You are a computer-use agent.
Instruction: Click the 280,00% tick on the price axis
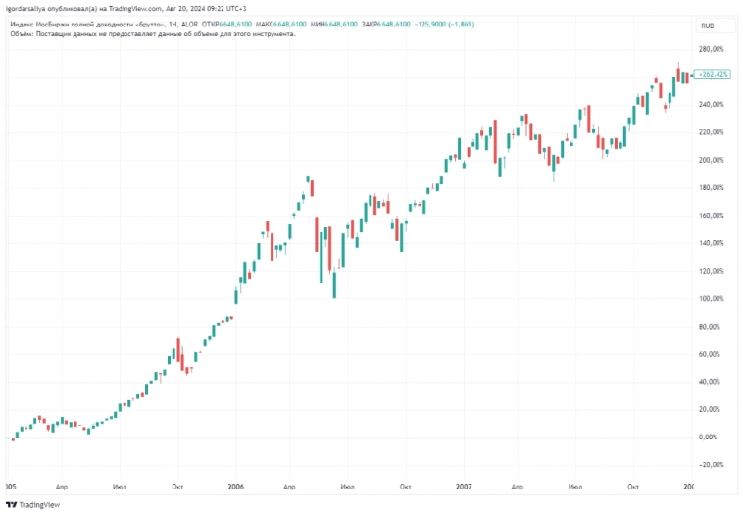711,49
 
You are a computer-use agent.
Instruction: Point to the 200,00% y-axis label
711,160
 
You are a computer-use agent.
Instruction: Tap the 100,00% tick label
711,298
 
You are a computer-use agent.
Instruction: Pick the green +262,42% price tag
713,74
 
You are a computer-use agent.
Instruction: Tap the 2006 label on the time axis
235,486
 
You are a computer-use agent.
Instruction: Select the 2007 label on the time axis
465,486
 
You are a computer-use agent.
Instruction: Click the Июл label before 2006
120,486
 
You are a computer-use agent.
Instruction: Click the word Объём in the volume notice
23,32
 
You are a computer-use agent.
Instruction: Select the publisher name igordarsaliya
29,8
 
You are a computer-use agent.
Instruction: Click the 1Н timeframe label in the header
173,21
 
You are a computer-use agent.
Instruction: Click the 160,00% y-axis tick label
711,215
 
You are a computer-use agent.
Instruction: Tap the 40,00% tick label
713,382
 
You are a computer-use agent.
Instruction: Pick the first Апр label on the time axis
62,486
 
